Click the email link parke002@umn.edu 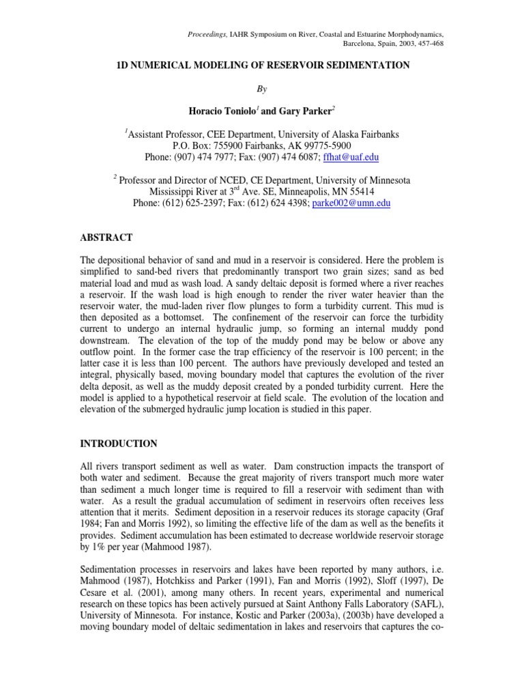pyautogui.click(x=351, y=203)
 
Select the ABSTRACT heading pyautogui.click(x=106, y=238)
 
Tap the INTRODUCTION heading pyautogui.click(x=119, y=444)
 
